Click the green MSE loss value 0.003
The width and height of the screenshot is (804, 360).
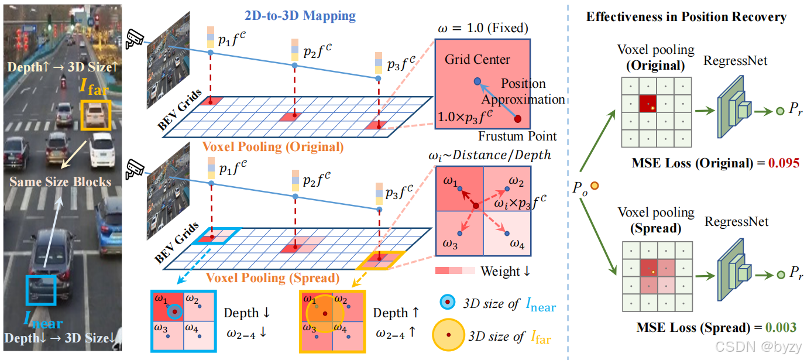tap(781, 327)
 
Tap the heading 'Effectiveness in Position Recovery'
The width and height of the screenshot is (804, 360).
tap(686, 17)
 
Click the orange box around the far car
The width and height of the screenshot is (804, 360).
tap(95, 115)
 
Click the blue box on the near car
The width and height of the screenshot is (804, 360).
tap(40, 289)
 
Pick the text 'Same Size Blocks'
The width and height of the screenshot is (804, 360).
tap(60, 182)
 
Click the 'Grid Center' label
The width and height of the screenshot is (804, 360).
tap(477, 60)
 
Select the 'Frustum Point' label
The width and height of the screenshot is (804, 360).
tap(517, 136)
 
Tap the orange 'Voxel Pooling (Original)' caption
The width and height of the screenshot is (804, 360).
tap(273, 147)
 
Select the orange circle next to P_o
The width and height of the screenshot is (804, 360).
tap(595, 186)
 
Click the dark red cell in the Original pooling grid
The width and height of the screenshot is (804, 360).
tap(648, 103)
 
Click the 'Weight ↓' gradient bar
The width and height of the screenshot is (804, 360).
tap(455, 272)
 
